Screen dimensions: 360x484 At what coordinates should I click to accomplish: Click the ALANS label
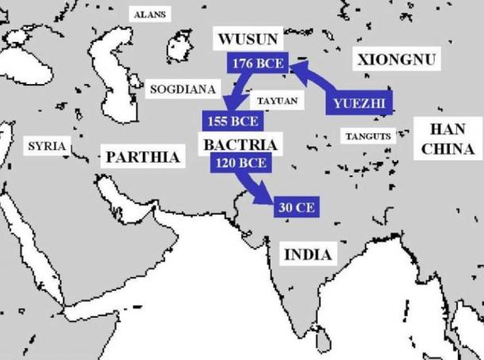tap(149, 15)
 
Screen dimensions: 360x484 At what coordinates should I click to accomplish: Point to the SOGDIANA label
tap(183, 90)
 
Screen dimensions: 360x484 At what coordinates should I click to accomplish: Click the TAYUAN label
tap(278, 101)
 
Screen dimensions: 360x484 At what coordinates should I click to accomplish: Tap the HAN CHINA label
tap(447, 139)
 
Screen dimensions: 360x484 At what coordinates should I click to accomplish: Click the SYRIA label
tap(47, 147)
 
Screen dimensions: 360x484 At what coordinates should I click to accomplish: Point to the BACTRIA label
tap(240, 145)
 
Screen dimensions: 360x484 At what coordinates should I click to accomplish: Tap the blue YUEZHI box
tap(360, 104)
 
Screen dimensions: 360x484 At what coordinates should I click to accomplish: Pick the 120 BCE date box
tap(240, 163)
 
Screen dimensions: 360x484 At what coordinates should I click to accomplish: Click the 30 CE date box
tap(297, 207)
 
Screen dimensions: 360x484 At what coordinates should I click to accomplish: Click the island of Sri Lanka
tap(321, 341)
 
